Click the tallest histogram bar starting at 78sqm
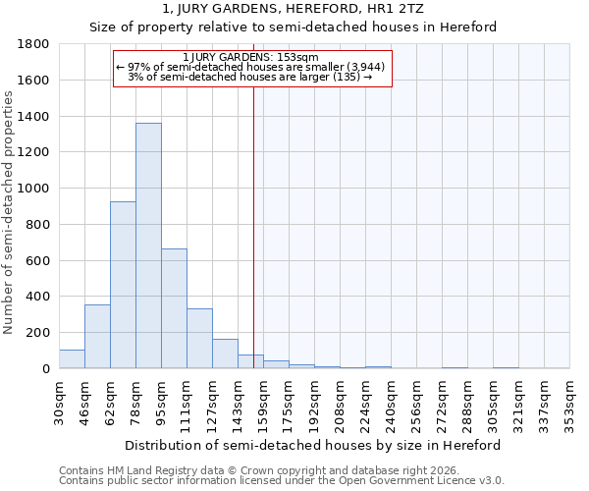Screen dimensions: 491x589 (x=148, y=245)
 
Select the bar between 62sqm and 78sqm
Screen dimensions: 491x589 (x=123, y=285)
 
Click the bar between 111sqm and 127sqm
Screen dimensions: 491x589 (x=199, y=339)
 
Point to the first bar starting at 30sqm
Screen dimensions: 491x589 (x=72, y=359)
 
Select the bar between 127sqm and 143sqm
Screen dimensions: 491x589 (x=225, y=354)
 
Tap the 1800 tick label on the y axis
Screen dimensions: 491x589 (x=33, y=44)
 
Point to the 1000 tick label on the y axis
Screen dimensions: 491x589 (x=33, y=189)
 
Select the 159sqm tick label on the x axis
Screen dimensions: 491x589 (x=262, y=402)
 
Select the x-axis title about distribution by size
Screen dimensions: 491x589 (x=314, y=445)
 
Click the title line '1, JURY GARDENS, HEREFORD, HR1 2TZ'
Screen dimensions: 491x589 (x=293, y=10)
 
